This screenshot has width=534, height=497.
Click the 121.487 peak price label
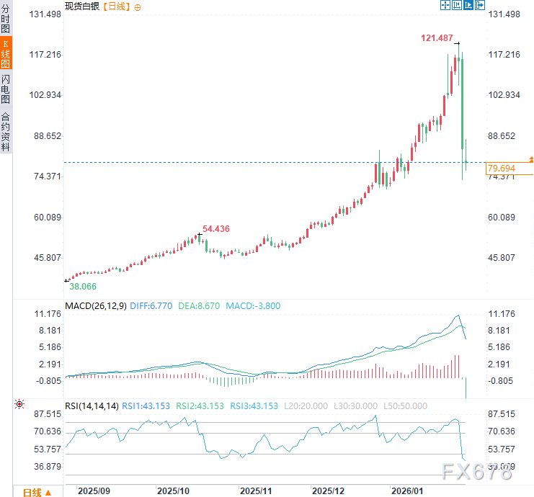(x=437, y=37)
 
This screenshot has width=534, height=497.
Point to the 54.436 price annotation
(x=216, y=228)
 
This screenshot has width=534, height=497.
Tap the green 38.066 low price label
(x=83, y=286)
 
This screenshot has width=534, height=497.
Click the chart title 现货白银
(x=81, y=6)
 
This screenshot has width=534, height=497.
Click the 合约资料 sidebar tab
(x=6, y=131)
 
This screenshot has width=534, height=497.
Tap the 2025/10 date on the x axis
(x=173, y=491)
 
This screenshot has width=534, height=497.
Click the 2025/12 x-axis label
(x=328, y=491)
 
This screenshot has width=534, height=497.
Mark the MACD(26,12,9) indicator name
(x=96, y=305)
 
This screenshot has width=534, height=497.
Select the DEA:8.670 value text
(x=200, y=305)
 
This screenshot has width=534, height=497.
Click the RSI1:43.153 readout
(x=147, y=406)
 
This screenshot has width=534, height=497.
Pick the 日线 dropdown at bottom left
(x=37, y=492)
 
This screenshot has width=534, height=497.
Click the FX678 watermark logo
(x=478, y=472)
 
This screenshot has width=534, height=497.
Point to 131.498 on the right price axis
(x=504, y=14)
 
